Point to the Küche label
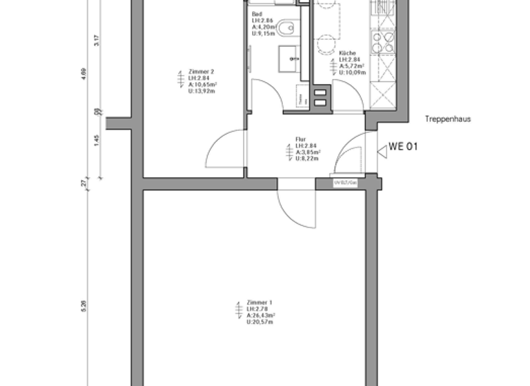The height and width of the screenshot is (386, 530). click(347, 53)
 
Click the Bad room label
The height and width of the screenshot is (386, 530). click(257, 14)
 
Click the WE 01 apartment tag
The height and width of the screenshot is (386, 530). click(404, 146)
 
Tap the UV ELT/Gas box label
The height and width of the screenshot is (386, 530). click(345, 183)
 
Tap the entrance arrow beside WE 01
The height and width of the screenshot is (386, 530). click(382, 152)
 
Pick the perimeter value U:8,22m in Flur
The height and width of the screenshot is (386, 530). click(306, 159)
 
